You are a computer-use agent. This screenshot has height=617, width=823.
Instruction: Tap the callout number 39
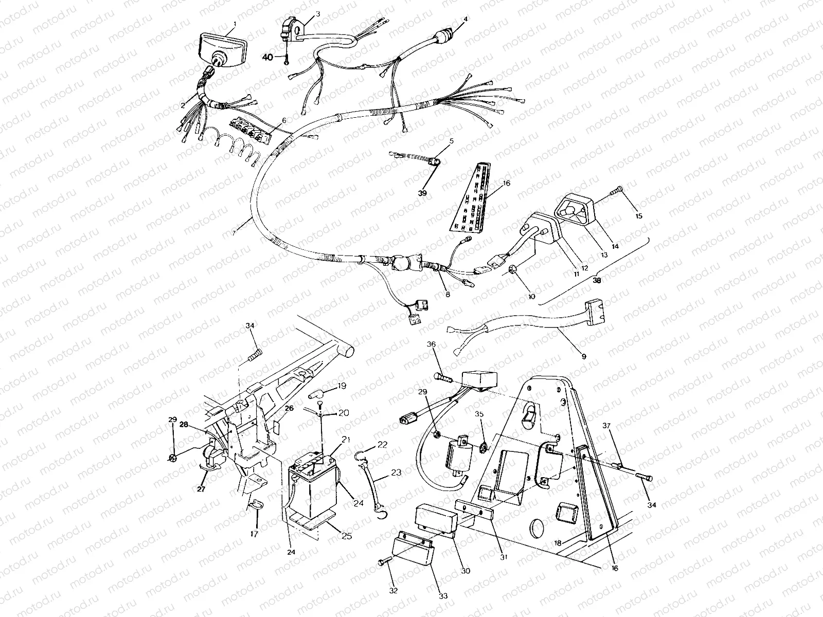click(x=422, y=193)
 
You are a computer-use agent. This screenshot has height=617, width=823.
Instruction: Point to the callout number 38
click(x=597, y=281)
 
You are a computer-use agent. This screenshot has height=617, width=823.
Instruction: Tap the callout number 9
click(x=584, y=356)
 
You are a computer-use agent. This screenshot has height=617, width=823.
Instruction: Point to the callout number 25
click(x=347, y=537)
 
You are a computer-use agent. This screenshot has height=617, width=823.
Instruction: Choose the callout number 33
click(x=443, y=596)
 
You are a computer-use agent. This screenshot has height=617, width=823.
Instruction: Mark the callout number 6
click(x=284, y=120)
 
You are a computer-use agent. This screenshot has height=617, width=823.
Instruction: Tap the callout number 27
click(x=201, y=489)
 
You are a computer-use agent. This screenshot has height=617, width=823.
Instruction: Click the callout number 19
click(x=342, y=385)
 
